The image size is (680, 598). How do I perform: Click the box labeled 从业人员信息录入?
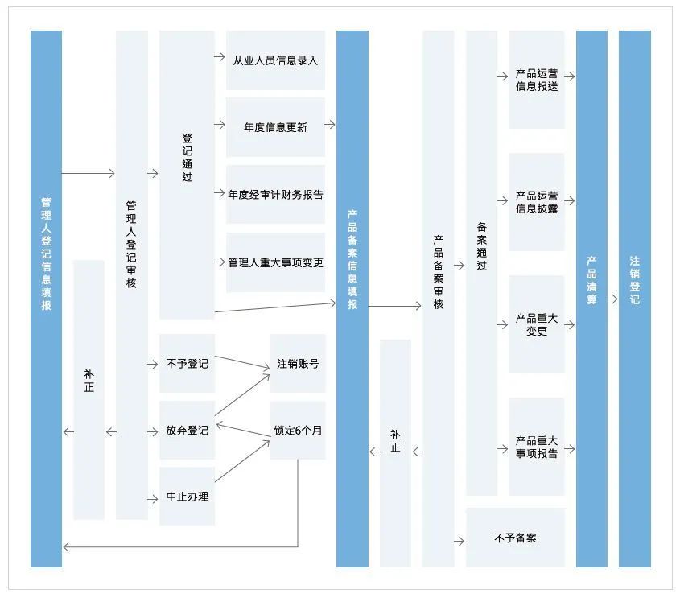click(x=275, y=60)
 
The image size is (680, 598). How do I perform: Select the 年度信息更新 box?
click(x=275, y=127)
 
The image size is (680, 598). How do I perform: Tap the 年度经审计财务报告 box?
click(x=275, y=194)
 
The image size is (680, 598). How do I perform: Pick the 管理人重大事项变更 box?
click(x=275, y=262)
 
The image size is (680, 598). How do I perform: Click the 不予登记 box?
click(x=187, y=364)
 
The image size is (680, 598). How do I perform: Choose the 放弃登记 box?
click(x=187, y=431)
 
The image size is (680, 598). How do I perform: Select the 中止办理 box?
click(x=187, y=497)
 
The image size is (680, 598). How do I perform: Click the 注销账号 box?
click(x=298, y=364)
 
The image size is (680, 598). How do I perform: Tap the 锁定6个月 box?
click(x=298, y=431)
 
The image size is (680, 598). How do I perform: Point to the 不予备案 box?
click(x=515, y=538)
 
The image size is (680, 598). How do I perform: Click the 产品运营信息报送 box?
click(x=536, y=80)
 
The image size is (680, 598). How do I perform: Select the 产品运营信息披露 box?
click(x=536, y=202)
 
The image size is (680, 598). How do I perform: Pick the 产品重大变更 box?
click(x=536, y=324)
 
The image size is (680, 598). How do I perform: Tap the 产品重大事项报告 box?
click(x=536, y=447)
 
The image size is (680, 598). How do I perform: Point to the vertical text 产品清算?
click(x=591, y=279)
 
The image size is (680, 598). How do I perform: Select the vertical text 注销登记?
click(x=634, y=279)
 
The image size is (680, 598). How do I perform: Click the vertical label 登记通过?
click(x=187, y=158)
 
